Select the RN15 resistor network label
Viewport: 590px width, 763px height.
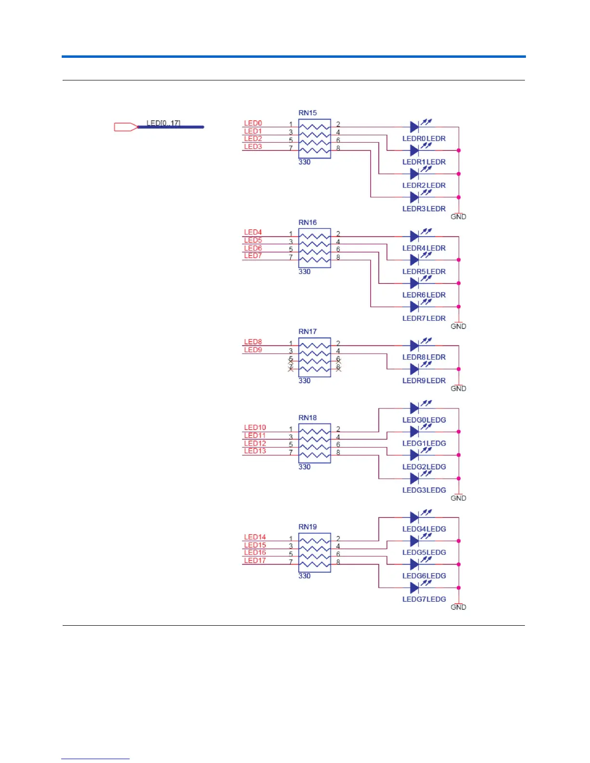point(308,113)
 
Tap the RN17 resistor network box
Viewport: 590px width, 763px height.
point(314,357)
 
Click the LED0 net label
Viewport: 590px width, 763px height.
point(253,123)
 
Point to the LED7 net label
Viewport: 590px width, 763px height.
point(253,256)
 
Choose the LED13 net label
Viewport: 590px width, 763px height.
point(255,451)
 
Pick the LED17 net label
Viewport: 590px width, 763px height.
point(255,560)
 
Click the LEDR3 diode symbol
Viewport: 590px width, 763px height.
point(415,197)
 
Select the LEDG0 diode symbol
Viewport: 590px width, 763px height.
point(415,408)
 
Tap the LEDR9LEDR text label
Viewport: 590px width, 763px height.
point(424,381)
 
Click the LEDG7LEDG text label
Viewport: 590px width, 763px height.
point(424,599)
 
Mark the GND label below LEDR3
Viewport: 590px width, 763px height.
point(458,217)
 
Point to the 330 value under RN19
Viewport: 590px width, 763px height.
point(305,576)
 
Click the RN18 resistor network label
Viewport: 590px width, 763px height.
point(308,418)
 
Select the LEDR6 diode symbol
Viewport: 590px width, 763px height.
point(415,283)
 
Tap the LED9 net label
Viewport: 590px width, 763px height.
point(253,350)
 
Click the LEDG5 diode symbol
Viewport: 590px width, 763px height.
point(415,541)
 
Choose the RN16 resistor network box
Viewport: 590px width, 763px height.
point(314,248)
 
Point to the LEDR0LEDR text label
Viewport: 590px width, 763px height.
point(424,139)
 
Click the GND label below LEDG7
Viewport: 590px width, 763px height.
point(458,607)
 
